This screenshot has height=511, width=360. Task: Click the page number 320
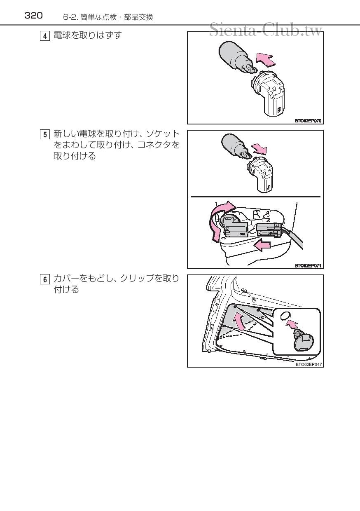[x=33, y=16]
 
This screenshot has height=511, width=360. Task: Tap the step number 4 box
[x=45, y=36]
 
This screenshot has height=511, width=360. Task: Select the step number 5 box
[x=45, y=134]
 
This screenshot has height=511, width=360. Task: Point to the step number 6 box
[x=45, y=279]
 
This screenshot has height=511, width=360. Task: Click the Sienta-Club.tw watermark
[x=266, y=30]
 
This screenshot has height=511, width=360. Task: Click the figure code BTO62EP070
[x=308, y=121]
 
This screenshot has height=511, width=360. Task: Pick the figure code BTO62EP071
[x=308, y=265]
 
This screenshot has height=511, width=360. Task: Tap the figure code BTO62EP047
[x=309, y=364]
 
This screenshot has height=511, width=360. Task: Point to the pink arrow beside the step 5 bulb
[x=259, y=149]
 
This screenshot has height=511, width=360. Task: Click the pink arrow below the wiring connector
[x=262, y=245]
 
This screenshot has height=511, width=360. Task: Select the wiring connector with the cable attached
[x=269, y=230]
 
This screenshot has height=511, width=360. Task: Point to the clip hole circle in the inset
[x=285, y=316]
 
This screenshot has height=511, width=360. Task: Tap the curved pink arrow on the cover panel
[x=238, y=322]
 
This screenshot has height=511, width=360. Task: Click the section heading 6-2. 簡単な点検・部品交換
[x=108, y=17]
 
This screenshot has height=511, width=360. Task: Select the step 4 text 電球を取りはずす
[x=88, y=35]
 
